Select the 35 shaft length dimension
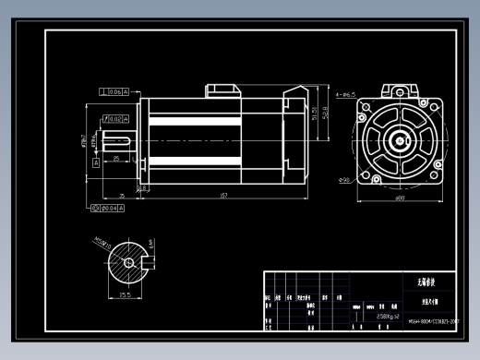point(122,196)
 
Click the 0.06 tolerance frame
point(114,92)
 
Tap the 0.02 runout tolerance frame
point(114,119)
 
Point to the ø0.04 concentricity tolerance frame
point(112,210)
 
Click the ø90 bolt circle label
point(344,179)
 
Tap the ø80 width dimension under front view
point(399,198)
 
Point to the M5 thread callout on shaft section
point(102,245)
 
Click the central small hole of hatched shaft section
point(128,262)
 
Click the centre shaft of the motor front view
point(399,141)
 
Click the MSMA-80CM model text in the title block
point(432,322)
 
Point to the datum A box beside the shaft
point(96,162)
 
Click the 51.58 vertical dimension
point(315,114)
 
